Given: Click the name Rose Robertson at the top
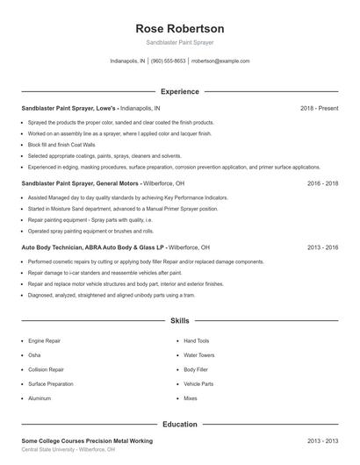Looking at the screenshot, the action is [x=180, y=29].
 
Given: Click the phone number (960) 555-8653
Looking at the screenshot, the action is [x=169, y=61].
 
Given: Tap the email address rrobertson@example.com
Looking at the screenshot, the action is [x=220, y=61].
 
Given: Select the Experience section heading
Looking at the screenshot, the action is [x=180, y=91].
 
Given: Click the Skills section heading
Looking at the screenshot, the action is [x=180, y=321].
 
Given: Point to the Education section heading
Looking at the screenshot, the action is [x=180, y=424].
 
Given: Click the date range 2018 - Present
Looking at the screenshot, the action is [x=319, y=108].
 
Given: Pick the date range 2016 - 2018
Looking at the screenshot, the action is [x=322, y=183].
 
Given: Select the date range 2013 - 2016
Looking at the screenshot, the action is [x=322, y=247].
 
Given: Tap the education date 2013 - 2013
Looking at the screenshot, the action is [x=322, y=440].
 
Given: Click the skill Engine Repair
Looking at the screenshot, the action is [x=44, y=340].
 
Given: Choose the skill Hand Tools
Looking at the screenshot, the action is [x=197, y=340].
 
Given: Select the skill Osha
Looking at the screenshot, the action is [x=34, y=355].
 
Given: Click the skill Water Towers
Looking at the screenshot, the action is [x=198, y=355].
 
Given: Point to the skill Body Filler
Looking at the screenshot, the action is [x=196, y=369].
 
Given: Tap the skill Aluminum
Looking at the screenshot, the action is [x=40, y=398].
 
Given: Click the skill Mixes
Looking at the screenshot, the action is [x=191, y=398].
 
